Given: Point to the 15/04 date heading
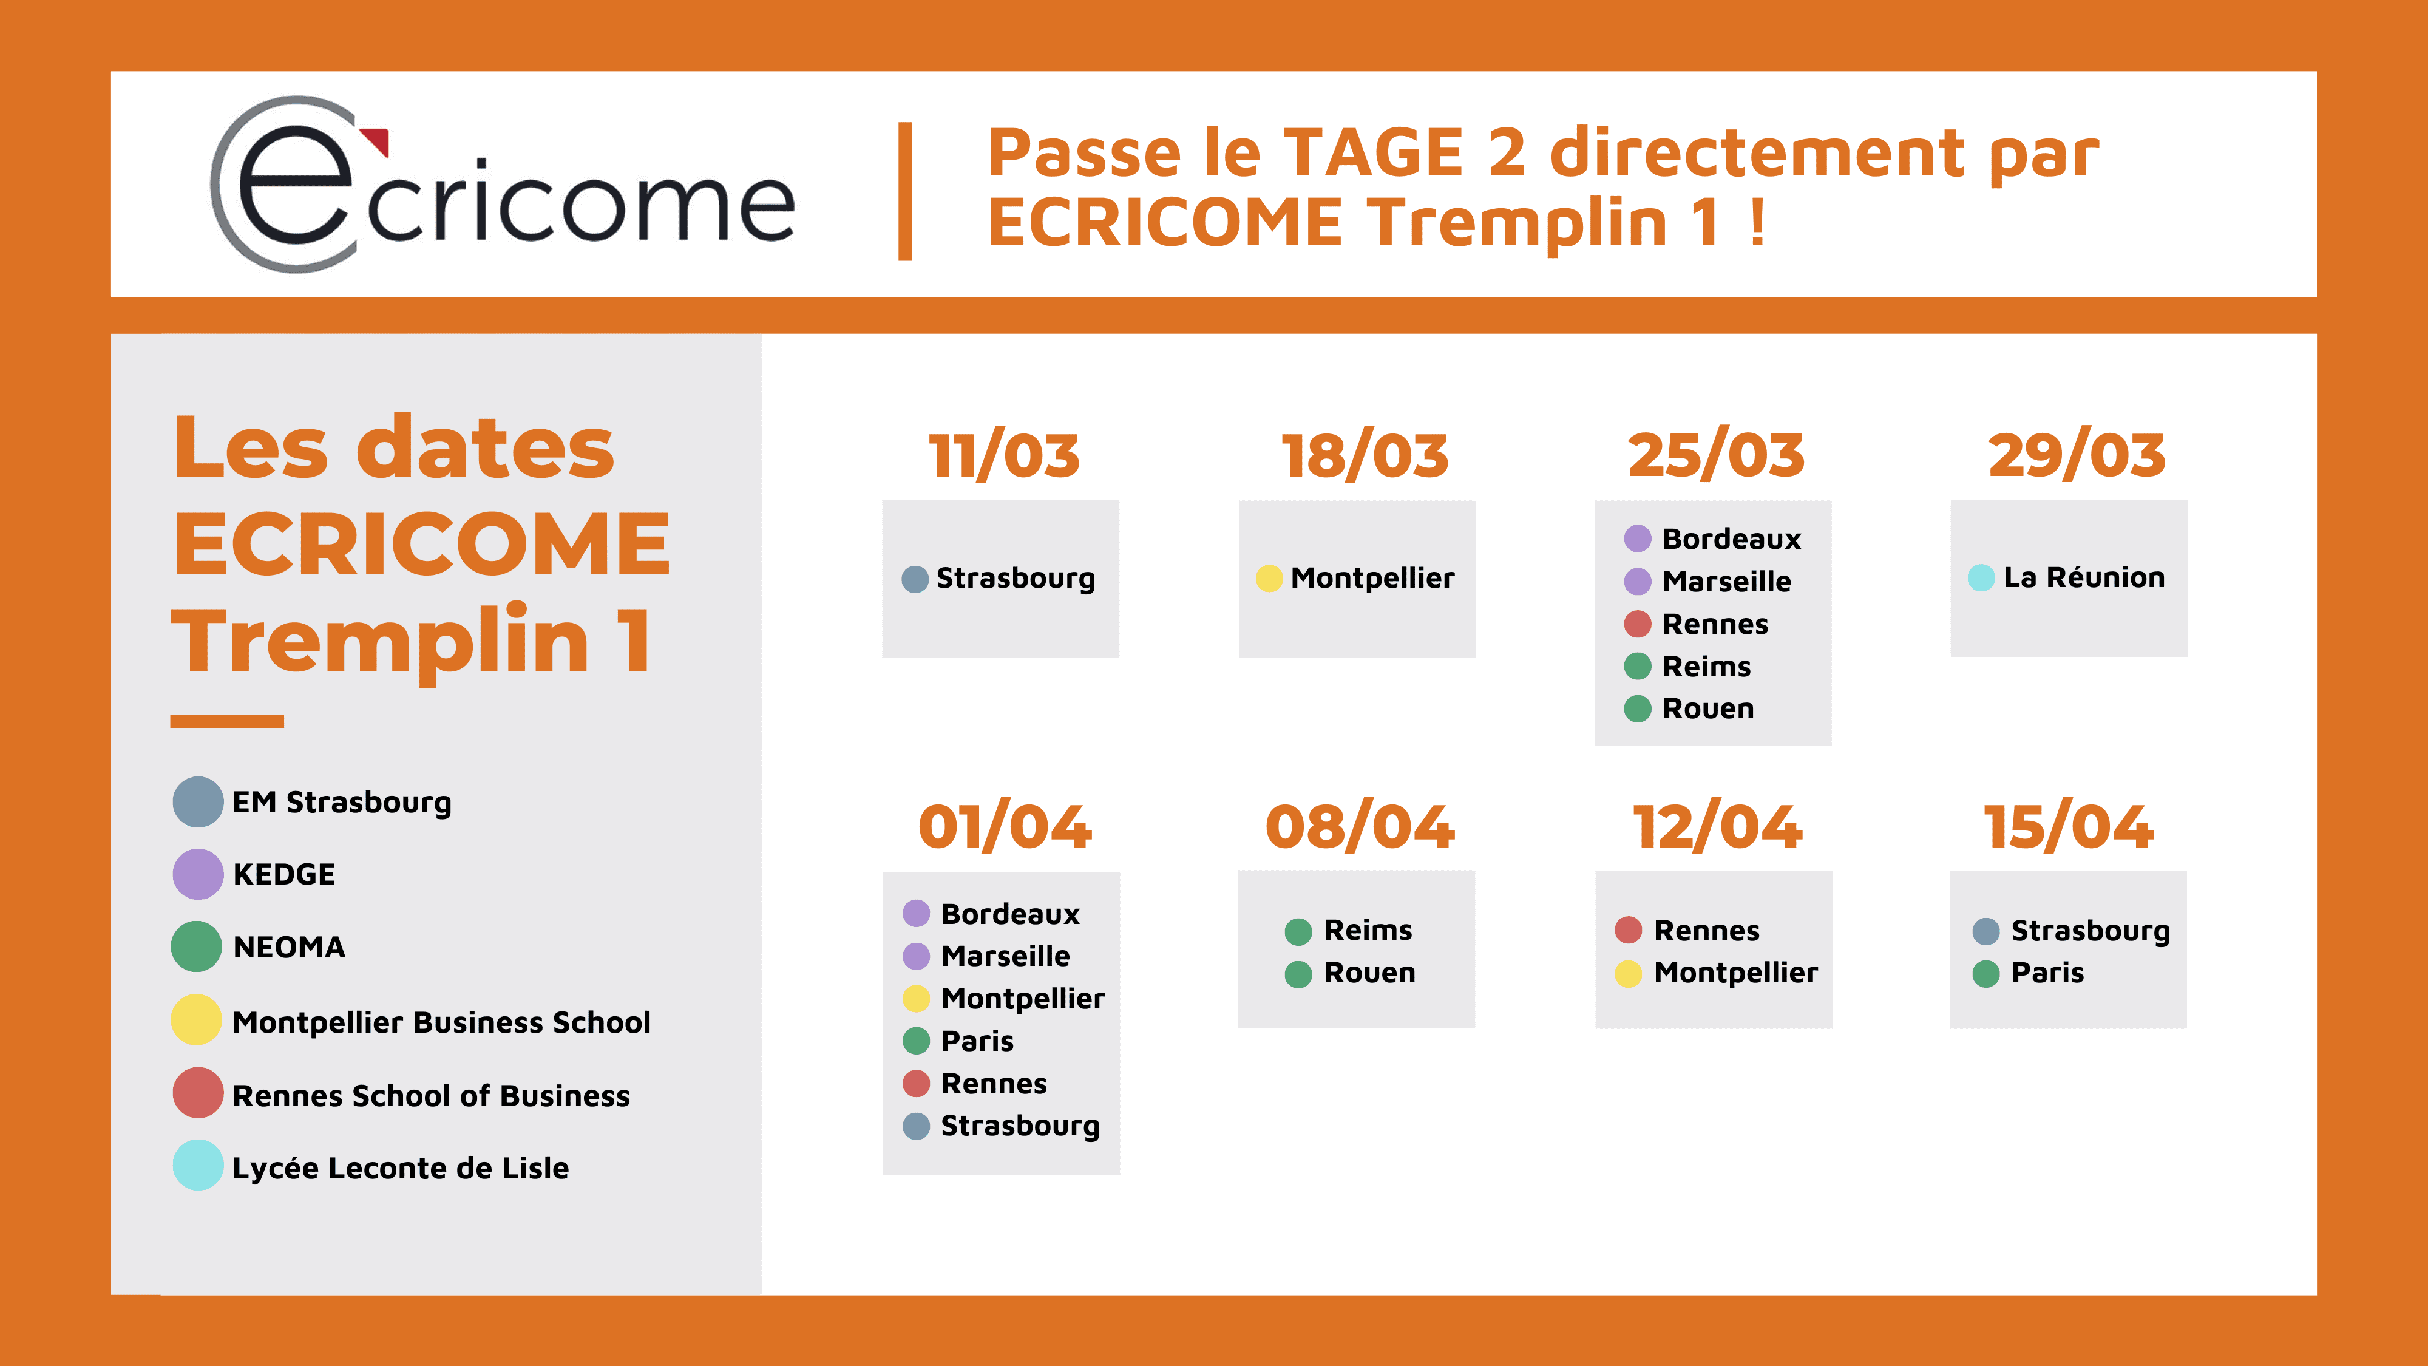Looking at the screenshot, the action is pos(2069,827).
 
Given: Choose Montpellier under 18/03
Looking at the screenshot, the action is pos(1372,578).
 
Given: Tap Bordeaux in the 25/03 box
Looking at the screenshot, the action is pos(1731,539).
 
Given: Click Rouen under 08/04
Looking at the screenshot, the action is pos(1369,973).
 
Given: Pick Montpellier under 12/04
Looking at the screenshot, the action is pos(1736,973).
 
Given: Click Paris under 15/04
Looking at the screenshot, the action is pos(2047,973).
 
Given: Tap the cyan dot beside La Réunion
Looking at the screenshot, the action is pos(1981,578).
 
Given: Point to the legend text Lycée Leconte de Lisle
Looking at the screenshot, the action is pos(401,1168).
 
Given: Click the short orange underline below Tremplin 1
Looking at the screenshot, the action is pos(227,721).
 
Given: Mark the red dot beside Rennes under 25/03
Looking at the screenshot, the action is pos(1638,624).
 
